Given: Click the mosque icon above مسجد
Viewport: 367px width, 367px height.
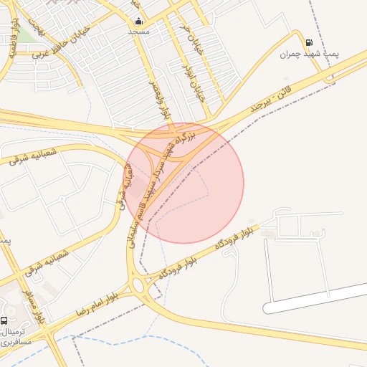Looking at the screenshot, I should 138,21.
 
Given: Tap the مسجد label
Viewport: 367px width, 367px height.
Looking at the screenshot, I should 138,32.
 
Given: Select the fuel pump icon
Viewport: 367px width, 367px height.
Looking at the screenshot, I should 309,42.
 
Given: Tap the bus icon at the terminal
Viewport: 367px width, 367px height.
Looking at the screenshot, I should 5,320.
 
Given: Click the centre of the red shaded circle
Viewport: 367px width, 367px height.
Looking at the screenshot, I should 184,183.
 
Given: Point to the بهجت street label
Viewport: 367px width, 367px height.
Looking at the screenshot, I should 40,29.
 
